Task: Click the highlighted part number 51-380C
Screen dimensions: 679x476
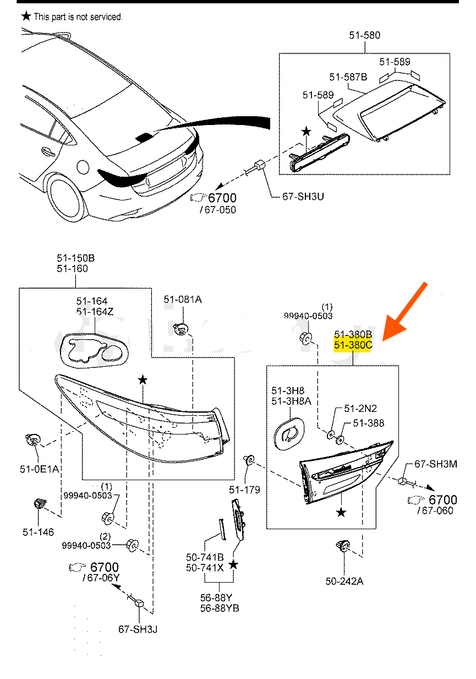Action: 353,345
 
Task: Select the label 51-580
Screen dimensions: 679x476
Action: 364,36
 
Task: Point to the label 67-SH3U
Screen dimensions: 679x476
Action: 303,196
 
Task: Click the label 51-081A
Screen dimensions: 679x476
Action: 183,300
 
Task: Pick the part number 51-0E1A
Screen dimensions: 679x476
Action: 39,469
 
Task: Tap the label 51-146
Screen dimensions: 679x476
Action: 38,533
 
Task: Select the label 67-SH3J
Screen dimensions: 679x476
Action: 138,629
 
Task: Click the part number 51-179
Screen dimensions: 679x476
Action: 244,490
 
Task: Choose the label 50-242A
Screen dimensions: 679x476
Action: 344,581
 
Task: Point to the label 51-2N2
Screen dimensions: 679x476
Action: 360,409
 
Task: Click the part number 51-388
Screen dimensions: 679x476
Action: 369,423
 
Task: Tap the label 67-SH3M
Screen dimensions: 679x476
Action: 435,465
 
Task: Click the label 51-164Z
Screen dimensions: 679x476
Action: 95,312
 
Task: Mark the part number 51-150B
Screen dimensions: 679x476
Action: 75,258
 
